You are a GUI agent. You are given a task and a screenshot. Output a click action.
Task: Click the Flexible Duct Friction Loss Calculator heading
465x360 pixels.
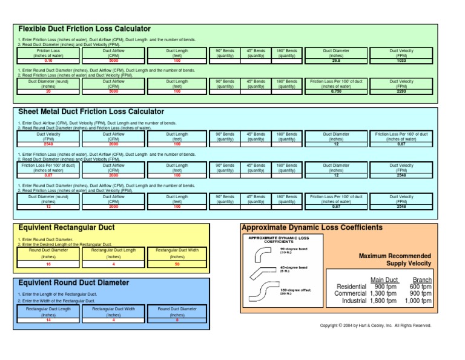tap(84, 29)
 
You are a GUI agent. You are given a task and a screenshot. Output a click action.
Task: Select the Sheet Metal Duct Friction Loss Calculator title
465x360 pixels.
tap(91, 112)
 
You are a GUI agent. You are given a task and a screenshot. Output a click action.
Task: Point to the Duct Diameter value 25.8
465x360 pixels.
tap(336, 61)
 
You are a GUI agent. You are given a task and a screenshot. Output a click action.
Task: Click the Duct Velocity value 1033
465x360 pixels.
tap(401, 61)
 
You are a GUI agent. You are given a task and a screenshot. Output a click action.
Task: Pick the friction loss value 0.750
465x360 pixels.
tap(336, 91)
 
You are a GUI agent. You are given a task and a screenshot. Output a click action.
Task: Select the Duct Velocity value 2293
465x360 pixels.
tap(401, 91)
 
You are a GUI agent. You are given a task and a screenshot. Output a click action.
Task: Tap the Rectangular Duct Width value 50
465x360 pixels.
tap(177, 264)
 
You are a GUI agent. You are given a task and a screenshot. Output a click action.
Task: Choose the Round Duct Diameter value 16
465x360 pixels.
tap(48, 264)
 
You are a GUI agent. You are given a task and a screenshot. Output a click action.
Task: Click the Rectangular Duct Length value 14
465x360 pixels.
tap(48, 320)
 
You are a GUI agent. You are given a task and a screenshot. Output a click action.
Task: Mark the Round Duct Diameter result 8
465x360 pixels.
tap(177, 320)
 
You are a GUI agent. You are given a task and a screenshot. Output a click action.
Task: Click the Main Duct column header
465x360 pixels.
tap(384, 279)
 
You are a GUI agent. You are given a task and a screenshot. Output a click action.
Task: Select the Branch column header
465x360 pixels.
tap(422, 279)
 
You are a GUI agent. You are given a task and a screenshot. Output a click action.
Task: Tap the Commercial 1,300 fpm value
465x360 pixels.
tap(383, 293)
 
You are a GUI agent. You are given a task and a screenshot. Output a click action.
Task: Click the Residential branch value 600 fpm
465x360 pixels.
tap(421, 287)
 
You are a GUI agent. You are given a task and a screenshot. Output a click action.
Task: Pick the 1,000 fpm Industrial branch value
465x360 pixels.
tap(418, 301)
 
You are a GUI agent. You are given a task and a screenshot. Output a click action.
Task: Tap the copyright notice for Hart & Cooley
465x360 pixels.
tap(375, 325)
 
